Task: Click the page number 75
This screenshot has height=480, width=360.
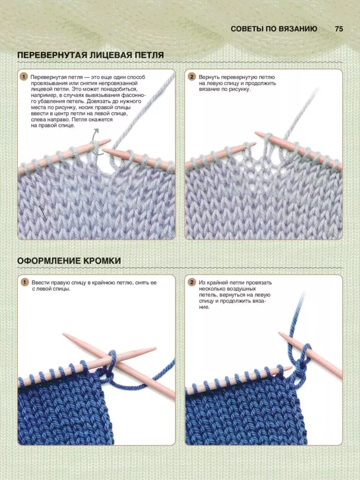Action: [x=339, y=29]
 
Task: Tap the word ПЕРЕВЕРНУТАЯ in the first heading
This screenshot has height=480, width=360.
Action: [x=53, y=55]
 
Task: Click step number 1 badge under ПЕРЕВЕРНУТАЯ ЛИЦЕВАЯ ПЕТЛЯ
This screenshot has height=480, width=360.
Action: [x=23, y=77]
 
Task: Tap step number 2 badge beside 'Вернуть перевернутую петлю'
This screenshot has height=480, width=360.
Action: [x=192, y=77]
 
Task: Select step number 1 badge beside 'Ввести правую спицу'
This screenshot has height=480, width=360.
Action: [x=24, y=282]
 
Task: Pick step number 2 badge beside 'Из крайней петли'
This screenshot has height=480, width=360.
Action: [x=192, y=282]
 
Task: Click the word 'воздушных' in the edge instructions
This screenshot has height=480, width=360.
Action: [x=242, y=289]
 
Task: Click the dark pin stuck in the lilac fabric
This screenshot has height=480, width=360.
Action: [x=43, y=213]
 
